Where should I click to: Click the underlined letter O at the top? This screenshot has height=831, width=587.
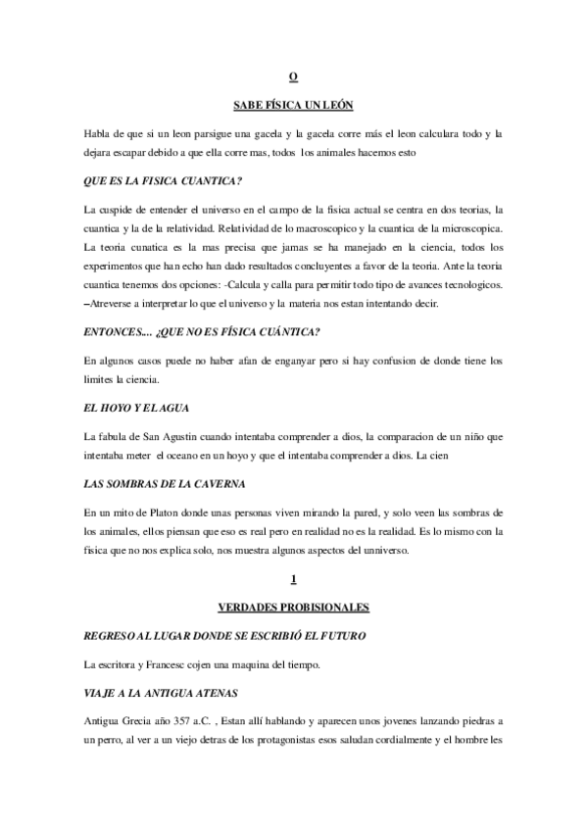tap(293, 76)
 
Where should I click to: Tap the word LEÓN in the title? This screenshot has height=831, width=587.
tap(334, 104)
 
